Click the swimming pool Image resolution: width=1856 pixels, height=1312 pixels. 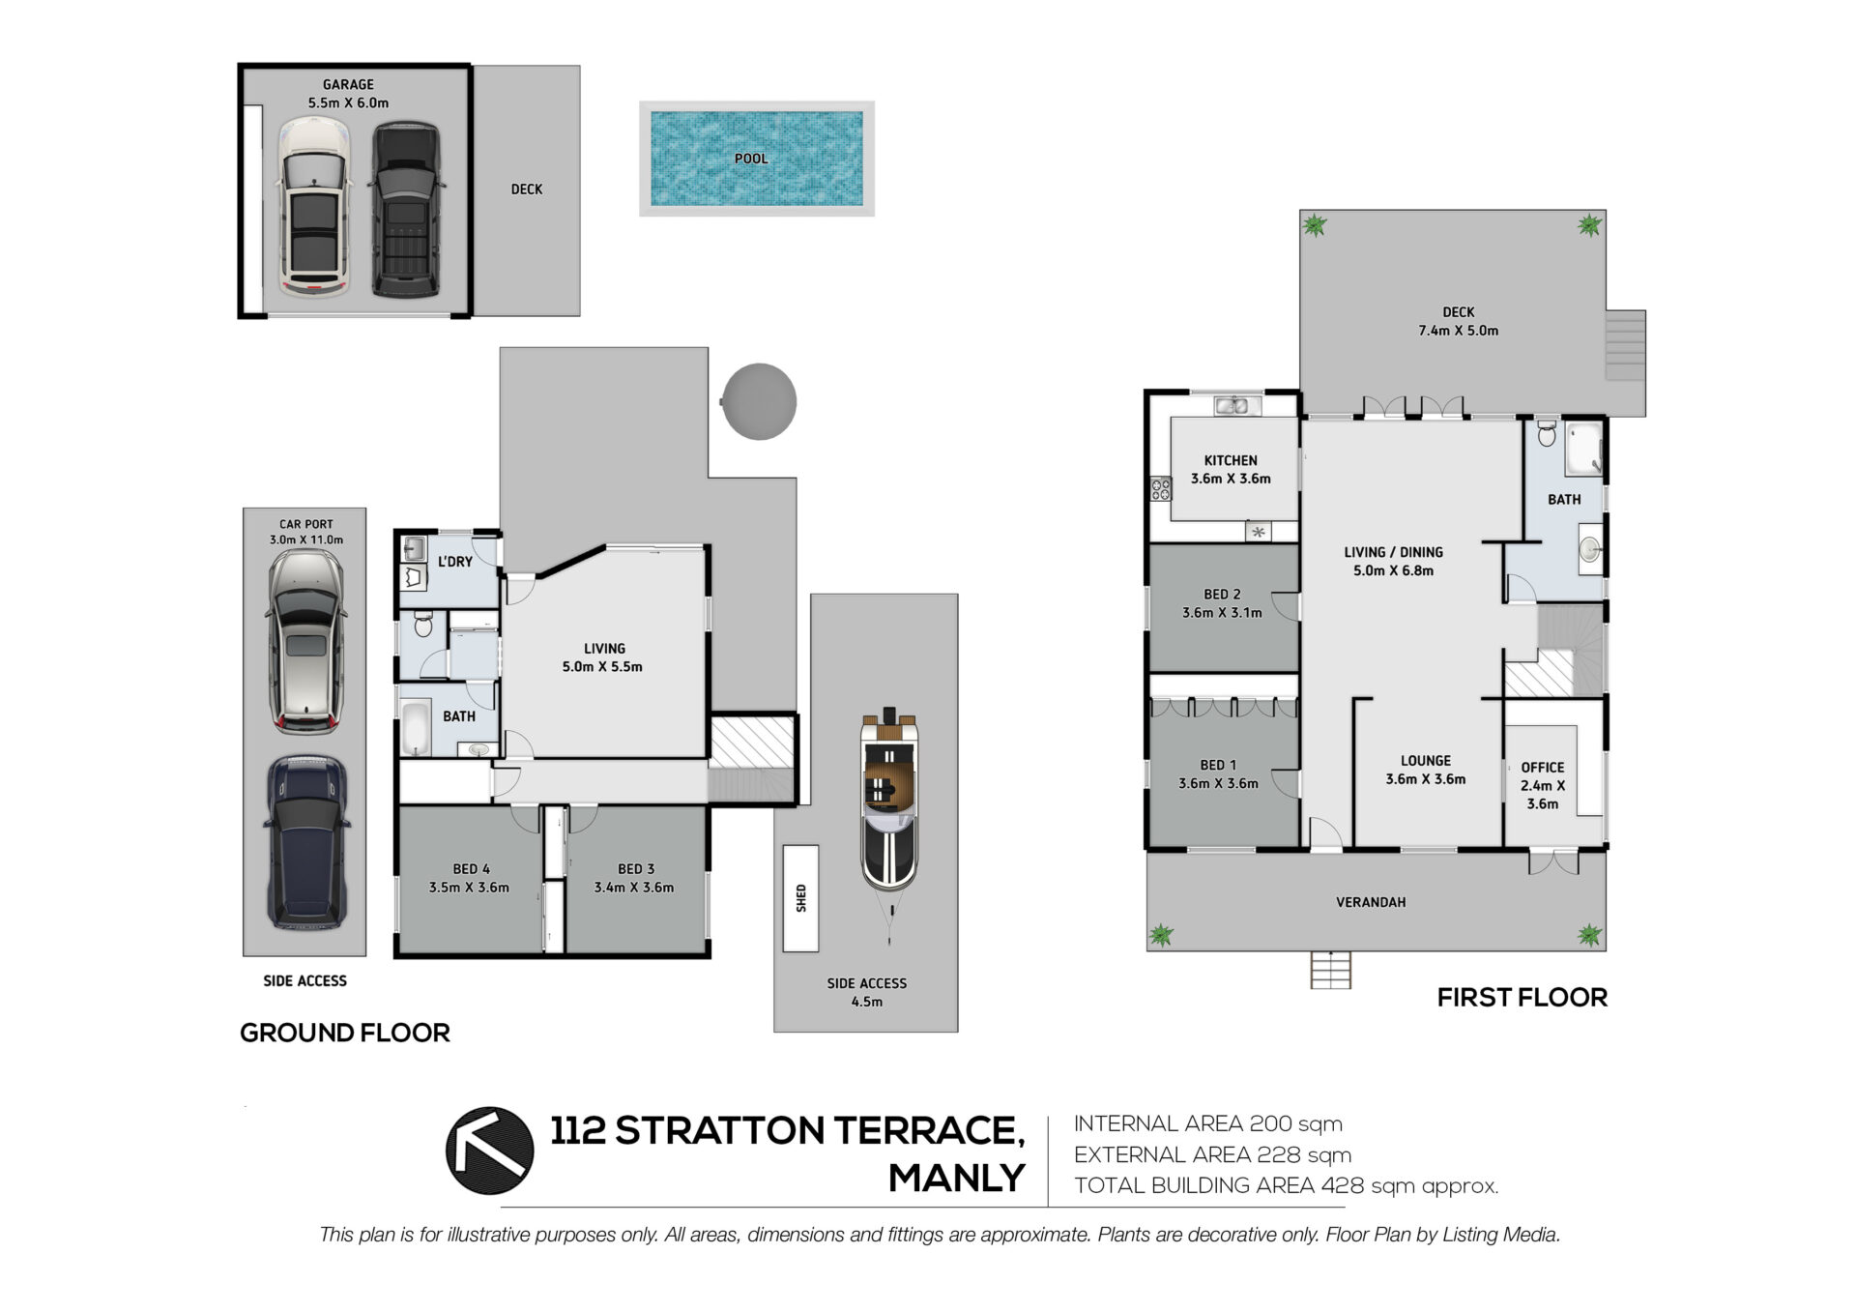[x=756, y=159]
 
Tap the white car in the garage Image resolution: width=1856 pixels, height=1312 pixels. [x=312, y=206]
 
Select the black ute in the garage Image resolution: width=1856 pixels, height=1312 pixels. [x=406, y=208]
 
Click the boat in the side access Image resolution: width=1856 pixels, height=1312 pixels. [x=889, y=802]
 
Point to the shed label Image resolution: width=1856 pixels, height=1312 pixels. [x=800, y=898]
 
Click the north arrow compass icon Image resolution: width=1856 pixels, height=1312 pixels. [x=489, y=1151]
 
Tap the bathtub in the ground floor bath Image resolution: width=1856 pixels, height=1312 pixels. [x=415, y=728]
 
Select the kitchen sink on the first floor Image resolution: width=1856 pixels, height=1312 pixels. [x=1232, y=405]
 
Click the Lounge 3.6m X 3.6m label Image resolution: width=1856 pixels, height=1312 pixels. [x=1426, y=770]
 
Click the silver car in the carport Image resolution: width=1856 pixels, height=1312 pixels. [x=305, y=642]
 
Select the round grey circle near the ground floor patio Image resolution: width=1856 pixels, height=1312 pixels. [x=759, y=401]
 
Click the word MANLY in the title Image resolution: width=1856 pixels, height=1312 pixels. [x=957, y=1178]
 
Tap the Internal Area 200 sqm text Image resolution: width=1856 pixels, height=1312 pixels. [x=1208, y=1123]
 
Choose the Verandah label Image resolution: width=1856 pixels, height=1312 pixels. [x=1371, y=902]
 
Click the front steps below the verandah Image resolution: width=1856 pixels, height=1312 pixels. [x=1331, y=970]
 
